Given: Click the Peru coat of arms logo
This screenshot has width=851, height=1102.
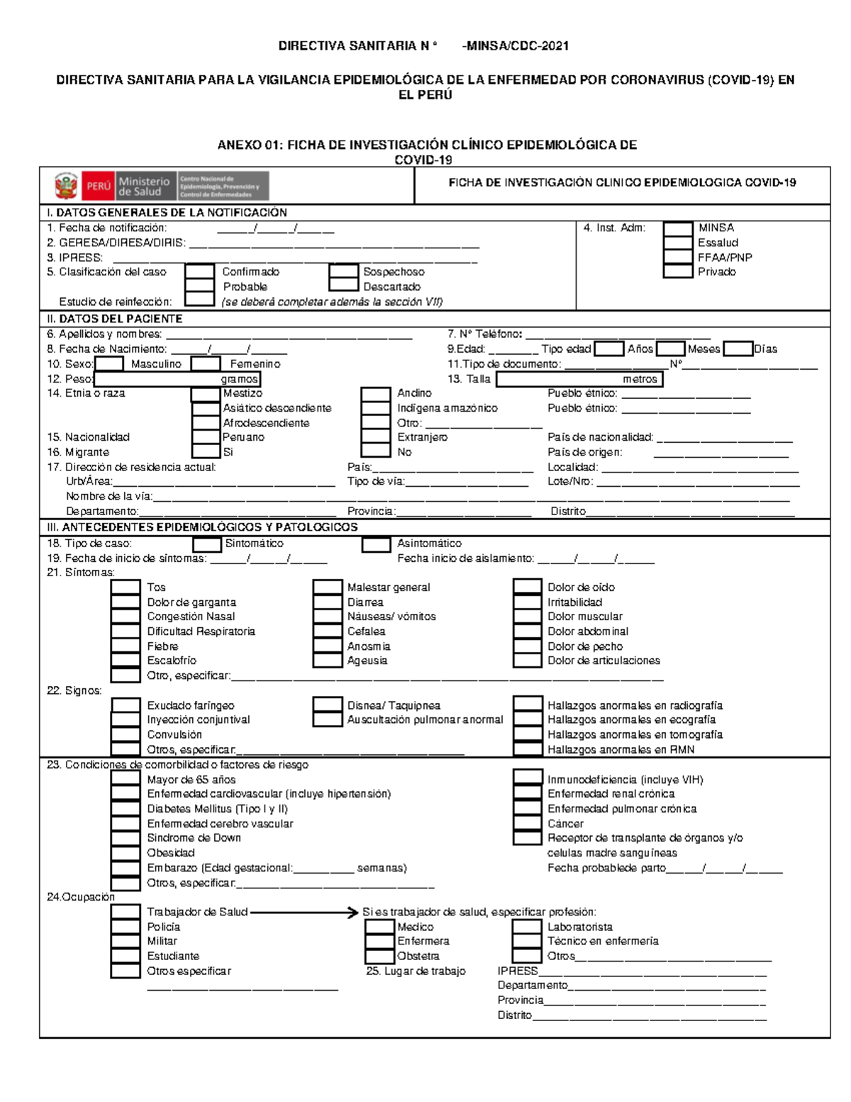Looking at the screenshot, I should [x=66, y=186].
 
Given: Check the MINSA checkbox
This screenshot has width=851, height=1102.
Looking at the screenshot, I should [x=677, y=228].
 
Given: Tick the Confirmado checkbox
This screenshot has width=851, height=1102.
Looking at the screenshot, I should [x=199, y=272].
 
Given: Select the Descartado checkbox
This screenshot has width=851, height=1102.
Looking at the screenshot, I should [x=343, y=287].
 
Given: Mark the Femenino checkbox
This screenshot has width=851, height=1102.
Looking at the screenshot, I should [x=206, y=364].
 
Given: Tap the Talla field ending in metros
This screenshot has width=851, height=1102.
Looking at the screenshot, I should [x=579, y=379].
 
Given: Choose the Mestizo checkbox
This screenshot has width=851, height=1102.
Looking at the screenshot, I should [x=206, y=394].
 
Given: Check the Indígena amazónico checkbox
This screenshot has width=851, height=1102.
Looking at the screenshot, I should [x=376, y=408].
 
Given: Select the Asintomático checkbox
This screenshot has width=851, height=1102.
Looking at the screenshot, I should [x=376, y=544].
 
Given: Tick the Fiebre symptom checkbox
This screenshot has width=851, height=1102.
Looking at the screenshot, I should [x=126, y=646].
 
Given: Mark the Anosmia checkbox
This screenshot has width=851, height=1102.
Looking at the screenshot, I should [x=327, y=646].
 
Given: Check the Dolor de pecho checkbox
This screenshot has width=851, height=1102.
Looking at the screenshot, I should [x=527, y=646].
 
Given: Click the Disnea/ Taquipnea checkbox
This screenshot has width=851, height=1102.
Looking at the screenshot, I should [x=327, y=705].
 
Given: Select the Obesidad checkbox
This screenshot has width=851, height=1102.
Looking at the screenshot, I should [x=126, y=853].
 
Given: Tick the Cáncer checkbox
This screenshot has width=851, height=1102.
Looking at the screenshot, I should [x=527, y=823].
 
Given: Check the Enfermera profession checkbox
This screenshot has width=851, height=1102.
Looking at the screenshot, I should [x=379, y=941].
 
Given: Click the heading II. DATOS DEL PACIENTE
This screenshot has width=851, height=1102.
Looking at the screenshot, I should [x=114, y=319].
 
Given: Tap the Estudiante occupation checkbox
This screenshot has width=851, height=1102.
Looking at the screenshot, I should [x=126, y=956].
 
